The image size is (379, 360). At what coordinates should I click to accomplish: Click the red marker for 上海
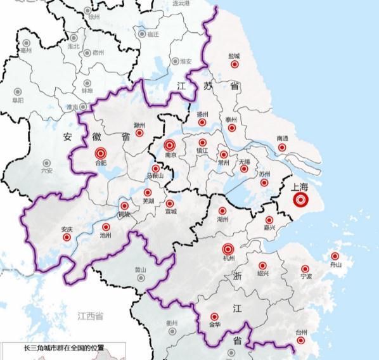pyautogui.click(x=301, y=200)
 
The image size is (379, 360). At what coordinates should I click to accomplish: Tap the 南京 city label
pyautogui.click(x=169, y=154)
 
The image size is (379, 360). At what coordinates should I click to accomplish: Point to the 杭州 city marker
pyautogui.click(x=228, y=250)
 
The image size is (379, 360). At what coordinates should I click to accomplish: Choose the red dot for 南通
pyautogui.click(x=283, y=147)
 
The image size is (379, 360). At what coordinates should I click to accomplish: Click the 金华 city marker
pyautogui.click(x=214, y=316)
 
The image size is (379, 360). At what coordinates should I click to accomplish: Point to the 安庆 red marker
pyautogui.click(x=67, y=237)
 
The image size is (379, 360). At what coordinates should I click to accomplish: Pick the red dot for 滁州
pyautogui.click(x=140, y=134)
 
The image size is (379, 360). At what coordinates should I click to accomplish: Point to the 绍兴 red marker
pyautogui.click(x=262, y=266)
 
